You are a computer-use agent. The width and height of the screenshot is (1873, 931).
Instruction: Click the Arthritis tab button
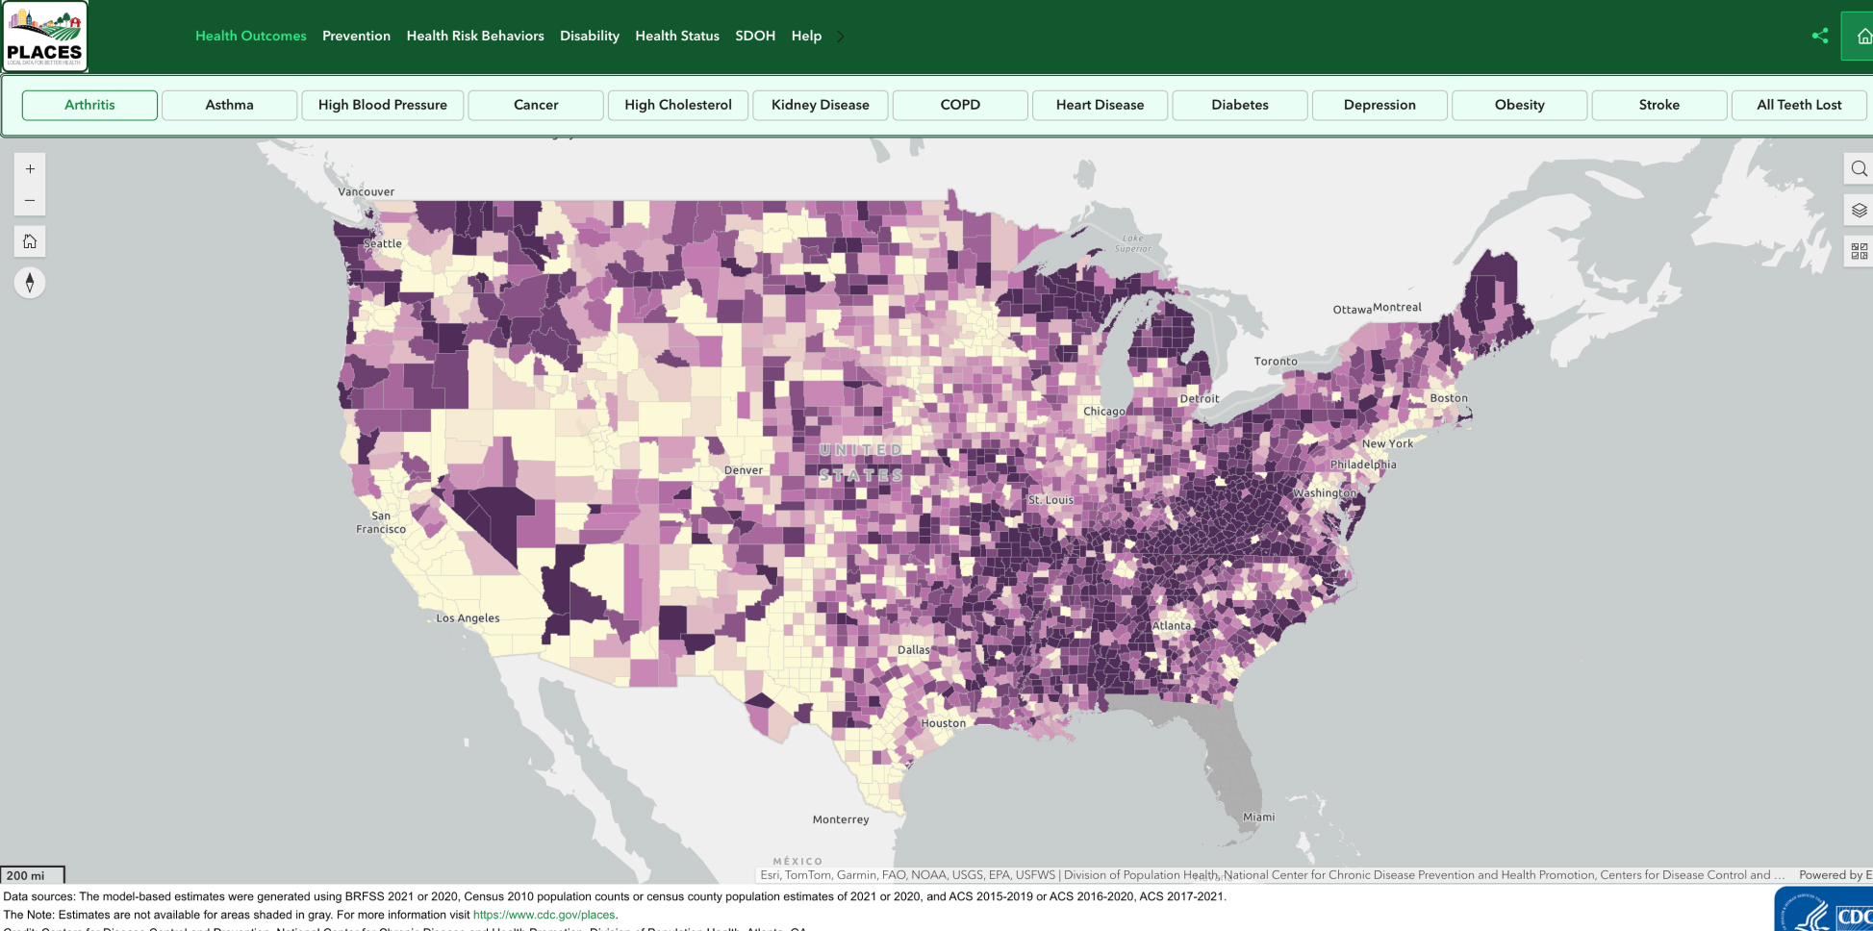click(89, 105)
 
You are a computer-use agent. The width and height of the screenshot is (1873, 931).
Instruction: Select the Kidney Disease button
click(820, 105)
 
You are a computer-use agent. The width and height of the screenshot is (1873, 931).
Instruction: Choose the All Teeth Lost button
click(1798, 105)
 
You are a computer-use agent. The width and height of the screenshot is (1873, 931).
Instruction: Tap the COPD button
click(960, 105)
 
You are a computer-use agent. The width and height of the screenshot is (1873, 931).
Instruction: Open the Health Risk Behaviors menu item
click(475, 36)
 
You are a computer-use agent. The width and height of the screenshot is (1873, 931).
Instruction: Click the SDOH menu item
click(755, 36)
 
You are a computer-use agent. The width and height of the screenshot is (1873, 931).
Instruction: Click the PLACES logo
click(44, 37)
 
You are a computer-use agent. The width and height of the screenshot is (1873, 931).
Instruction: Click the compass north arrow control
click(30, 283)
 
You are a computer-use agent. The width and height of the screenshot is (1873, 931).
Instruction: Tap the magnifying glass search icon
click(1859, 169)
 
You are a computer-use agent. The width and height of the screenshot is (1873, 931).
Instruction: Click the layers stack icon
click(1859, 211)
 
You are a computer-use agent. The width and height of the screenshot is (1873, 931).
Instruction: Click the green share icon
click(1819, 36)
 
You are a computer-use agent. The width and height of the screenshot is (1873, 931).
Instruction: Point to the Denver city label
click(744, 470)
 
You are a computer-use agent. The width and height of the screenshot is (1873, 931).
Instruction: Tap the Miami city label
click(1258, 817)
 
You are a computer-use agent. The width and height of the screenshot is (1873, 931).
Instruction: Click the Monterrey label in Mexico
click(840, 819)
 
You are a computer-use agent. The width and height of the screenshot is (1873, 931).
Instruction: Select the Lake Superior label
click(1133, 243)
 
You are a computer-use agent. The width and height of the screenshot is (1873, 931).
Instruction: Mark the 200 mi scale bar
click(32, 875)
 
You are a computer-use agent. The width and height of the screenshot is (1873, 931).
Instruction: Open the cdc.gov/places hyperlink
click(544, 915)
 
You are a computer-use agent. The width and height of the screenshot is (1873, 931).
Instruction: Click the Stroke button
click(1658, 105)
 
